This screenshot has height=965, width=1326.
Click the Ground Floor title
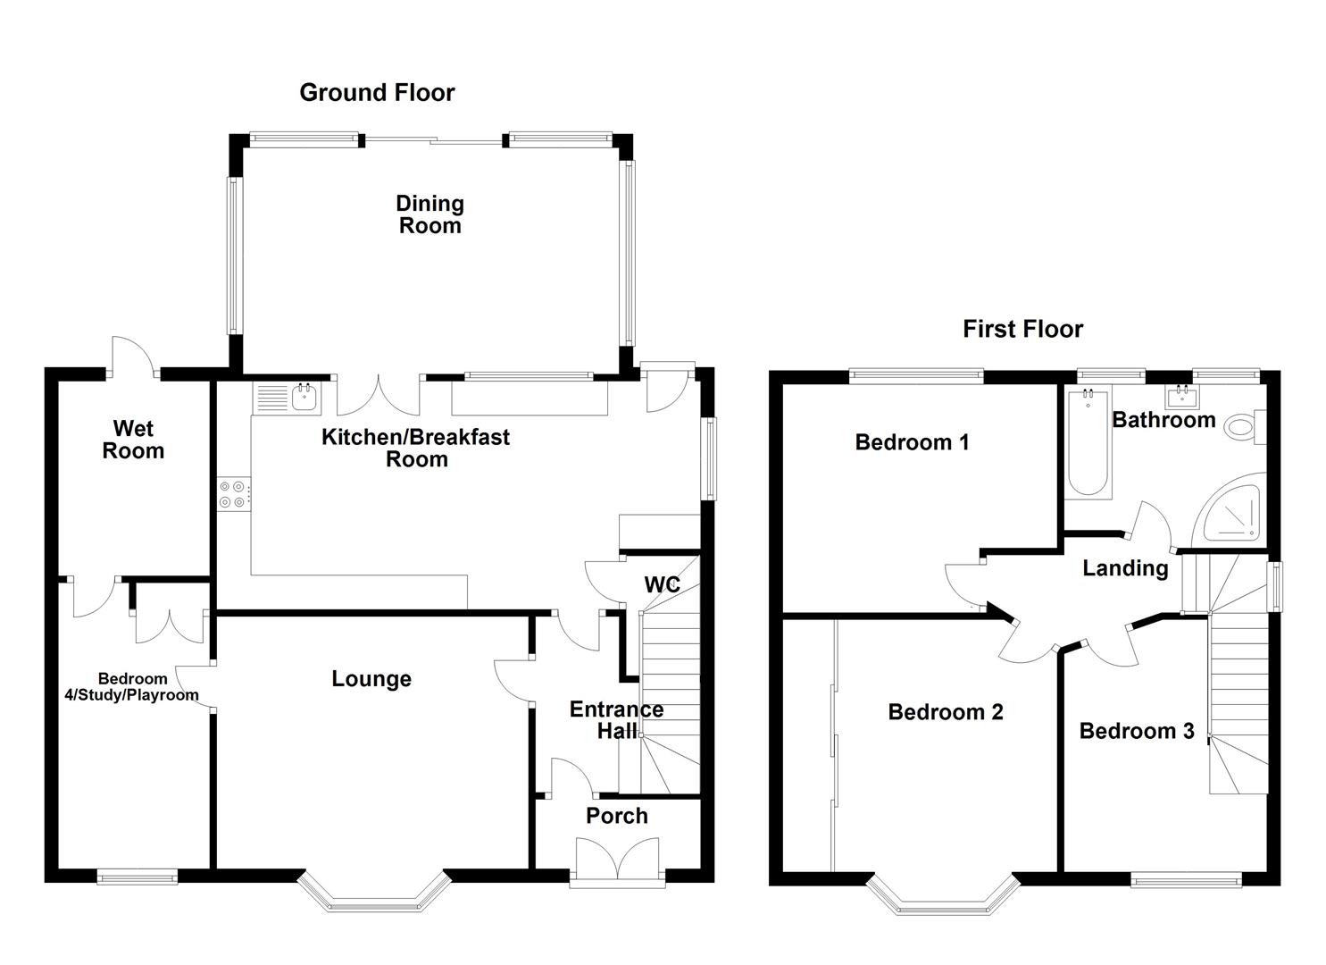point(377,93)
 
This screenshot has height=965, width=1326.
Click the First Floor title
point(1022,330)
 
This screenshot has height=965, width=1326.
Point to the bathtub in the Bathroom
point(1088,442)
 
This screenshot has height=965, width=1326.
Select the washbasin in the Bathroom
point(1182,396)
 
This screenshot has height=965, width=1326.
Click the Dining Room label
point(429,214)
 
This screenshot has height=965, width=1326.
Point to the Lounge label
point(371,679)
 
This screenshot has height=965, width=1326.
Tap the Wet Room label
point(133,440)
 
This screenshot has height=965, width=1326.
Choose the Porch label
point(616,816)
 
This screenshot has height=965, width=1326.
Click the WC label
point(662,585)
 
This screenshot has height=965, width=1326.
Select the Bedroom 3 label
point(1136,732)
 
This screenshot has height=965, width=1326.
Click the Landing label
point(1125,568)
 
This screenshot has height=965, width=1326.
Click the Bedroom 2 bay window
point(943,897)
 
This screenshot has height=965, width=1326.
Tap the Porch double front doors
point(618,860)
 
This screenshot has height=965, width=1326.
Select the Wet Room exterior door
point(132,357)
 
